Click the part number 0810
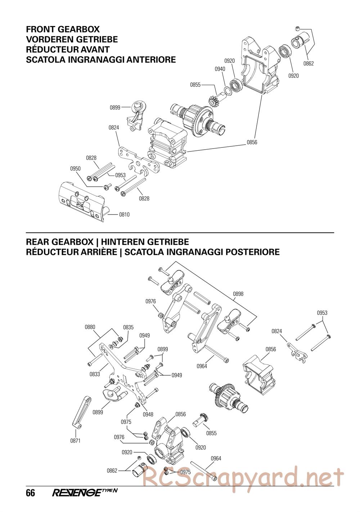point(124,215)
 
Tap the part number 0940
point(220,69)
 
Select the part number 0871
point(75,440)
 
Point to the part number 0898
point(238,294)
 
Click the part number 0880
point(90,327)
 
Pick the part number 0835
point(129,327)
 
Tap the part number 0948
point(148,414)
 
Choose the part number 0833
point(95,374)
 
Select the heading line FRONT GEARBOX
point(63,29)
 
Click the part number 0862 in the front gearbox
point(309,64)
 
